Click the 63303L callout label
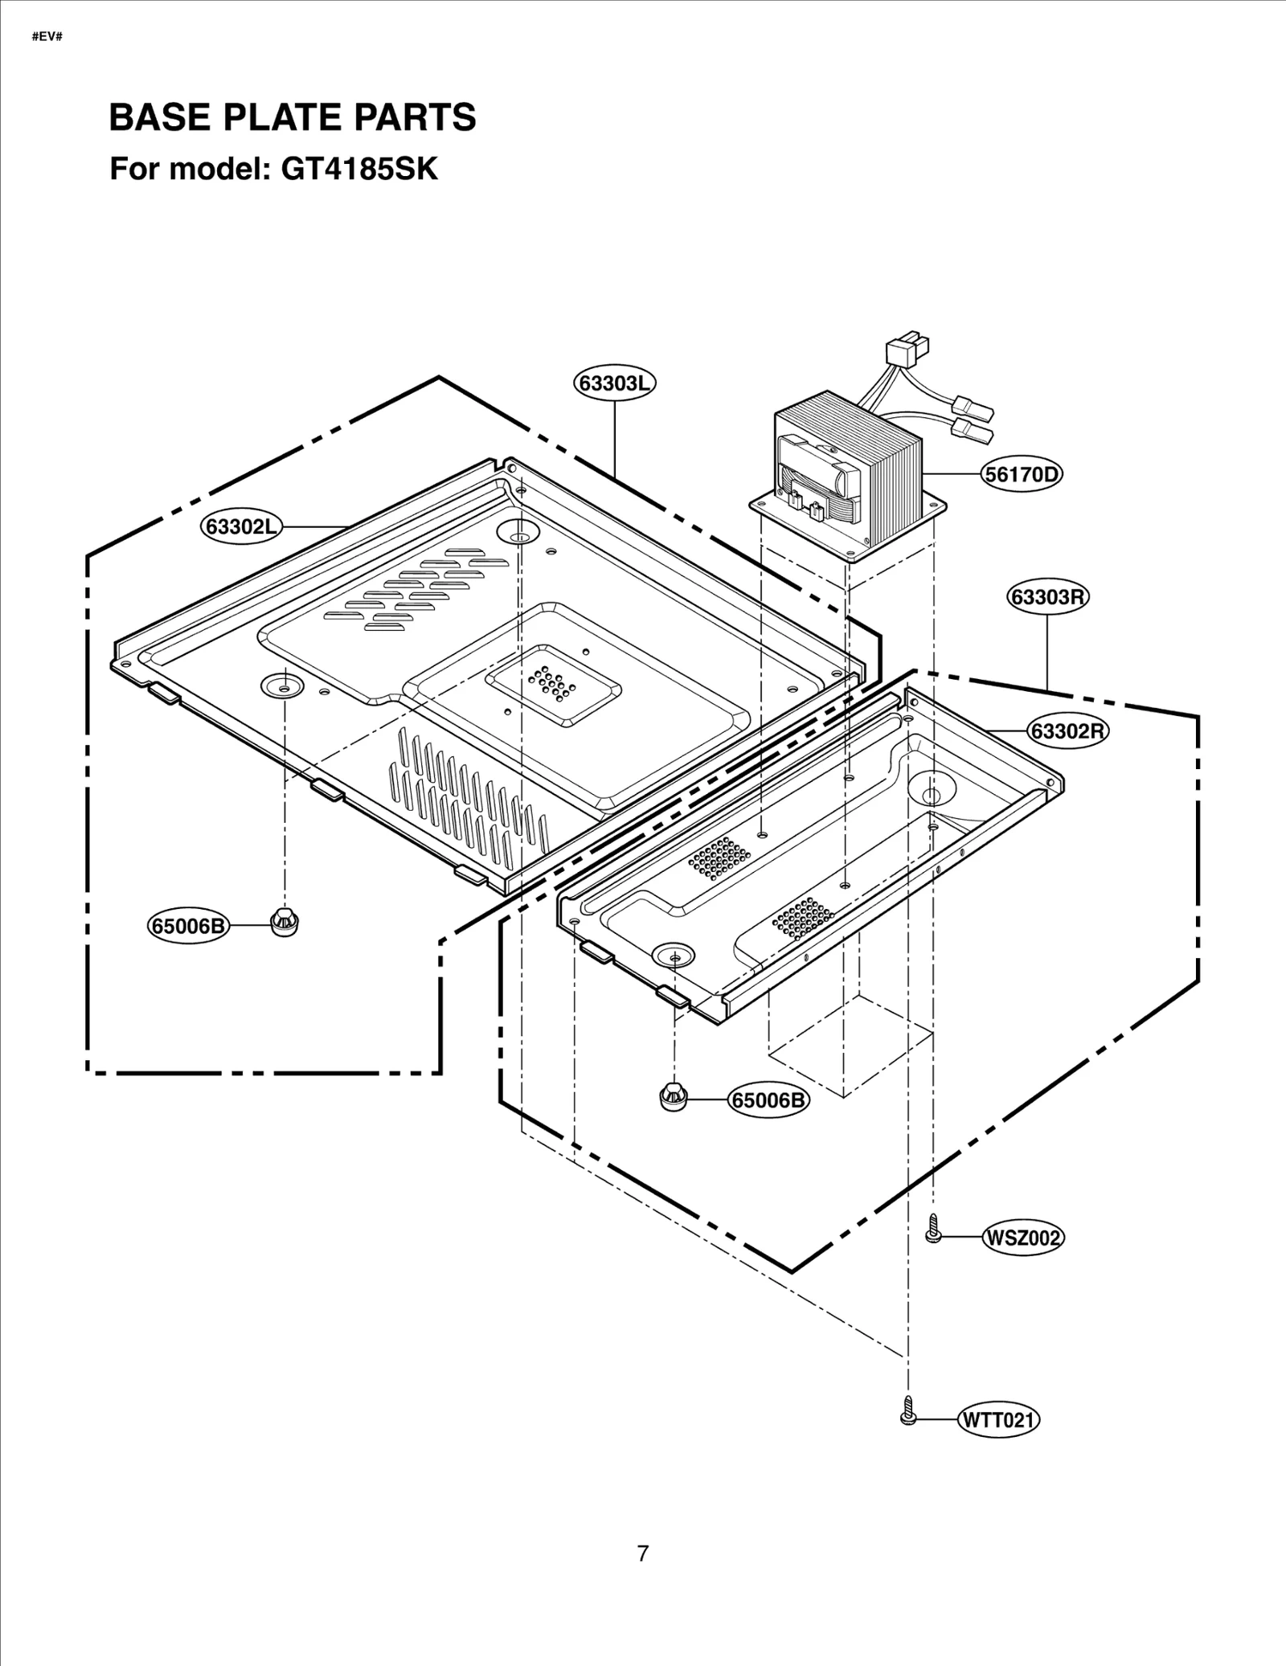pos(615,383)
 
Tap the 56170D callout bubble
pos(1022,474)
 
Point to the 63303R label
pos(1048,596)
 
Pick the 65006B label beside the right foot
pos(768,1099)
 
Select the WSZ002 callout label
pos(1023,1238)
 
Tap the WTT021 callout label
pos(999,1420)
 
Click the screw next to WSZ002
pos(932,1230)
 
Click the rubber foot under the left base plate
pos(282,919)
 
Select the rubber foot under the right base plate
pos(673,1095)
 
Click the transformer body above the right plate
pos(852,474)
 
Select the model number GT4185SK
pos(359,170)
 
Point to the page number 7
pos(642,1553)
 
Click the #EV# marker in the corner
pos(47,37)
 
